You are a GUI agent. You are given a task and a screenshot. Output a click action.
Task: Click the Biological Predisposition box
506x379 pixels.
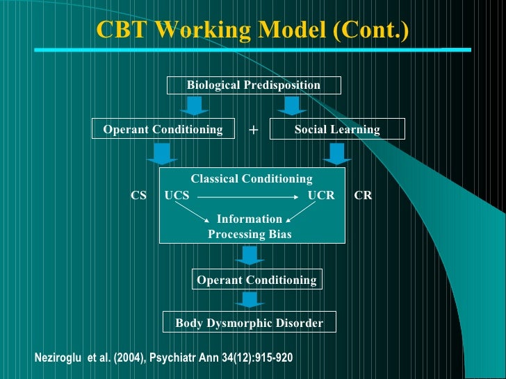tap(254, 85)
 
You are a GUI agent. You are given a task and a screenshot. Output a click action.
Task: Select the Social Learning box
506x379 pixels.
tap(337, 130)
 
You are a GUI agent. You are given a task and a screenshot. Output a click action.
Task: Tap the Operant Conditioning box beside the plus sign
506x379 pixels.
tap(163, 129)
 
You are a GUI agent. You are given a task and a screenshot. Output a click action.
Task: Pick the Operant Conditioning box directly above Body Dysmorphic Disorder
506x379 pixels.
tap(256, 280)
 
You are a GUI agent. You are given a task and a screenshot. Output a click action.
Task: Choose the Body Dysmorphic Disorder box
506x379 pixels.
tap(249, 323)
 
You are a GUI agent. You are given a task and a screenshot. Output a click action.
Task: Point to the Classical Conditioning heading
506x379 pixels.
tap(252, 179)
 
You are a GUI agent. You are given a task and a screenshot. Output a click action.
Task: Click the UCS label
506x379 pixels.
tap(177, 196)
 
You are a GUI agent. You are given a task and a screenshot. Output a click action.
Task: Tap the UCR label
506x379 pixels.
tap(321, 196)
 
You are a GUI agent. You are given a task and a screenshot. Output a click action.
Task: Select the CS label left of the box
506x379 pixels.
tap(139, 196)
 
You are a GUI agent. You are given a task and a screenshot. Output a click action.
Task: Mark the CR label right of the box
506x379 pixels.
tap(363, 196)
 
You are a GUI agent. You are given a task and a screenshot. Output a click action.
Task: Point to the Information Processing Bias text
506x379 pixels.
tap(250, 226)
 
